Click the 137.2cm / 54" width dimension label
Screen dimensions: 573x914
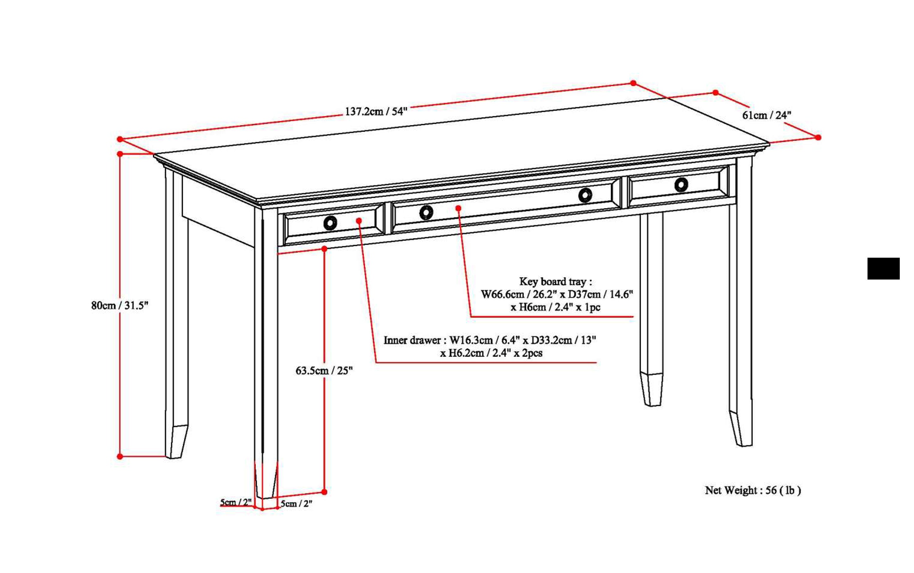pyautogui.click(x=376, y=112)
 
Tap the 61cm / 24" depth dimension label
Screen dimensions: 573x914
pyautogui.click(x=766, y=115)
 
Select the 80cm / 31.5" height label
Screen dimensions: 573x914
pyautogui.click(x=120, y=305)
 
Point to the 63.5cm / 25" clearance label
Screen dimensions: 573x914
pyautogui.click(x=324, y=371)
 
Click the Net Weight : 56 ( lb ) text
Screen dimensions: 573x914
pyautogui.click(x=753, y=490)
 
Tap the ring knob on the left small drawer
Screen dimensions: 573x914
pyautogui.click(x=330, y=223)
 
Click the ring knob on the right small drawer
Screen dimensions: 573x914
pyautogui.click(x=681, y=185)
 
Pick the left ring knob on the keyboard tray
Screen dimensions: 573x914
pyautogui.click(x=426, y=213)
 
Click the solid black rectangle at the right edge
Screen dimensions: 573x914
pyautogui.click(x=883, y=269)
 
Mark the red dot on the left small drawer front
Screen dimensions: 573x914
pyautogui.click(x=359, y=221)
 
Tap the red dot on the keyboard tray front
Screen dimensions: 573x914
pyautogui.click(x=458, y=208)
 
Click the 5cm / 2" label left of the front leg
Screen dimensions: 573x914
pyautogui.click(x=236, y=502)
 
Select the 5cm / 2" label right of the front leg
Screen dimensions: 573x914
pyautogui.click(x=296, y=504)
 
